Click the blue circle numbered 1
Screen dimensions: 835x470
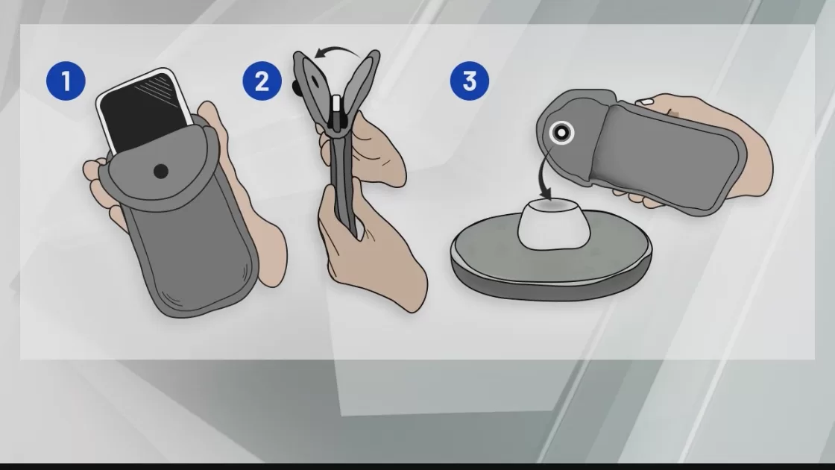[66, 81]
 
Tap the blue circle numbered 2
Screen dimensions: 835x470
[262, 81]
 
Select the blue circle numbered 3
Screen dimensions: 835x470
[469, 81]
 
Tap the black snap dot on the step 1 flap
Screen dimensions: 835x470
[161, 171]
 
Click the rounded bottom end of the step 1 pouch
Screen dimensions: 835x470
[197, 298]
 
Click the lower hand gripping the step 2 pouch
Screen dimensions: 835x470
[368, 256]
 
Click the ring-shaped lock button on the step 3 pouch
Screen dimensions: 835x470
[561, 131]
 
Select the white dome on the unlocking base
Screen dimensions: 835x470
[554, 224]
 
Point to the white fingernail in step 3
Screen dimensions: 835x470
[646, 101]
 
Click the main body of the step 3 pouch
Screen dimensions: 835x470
[666, 154]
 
